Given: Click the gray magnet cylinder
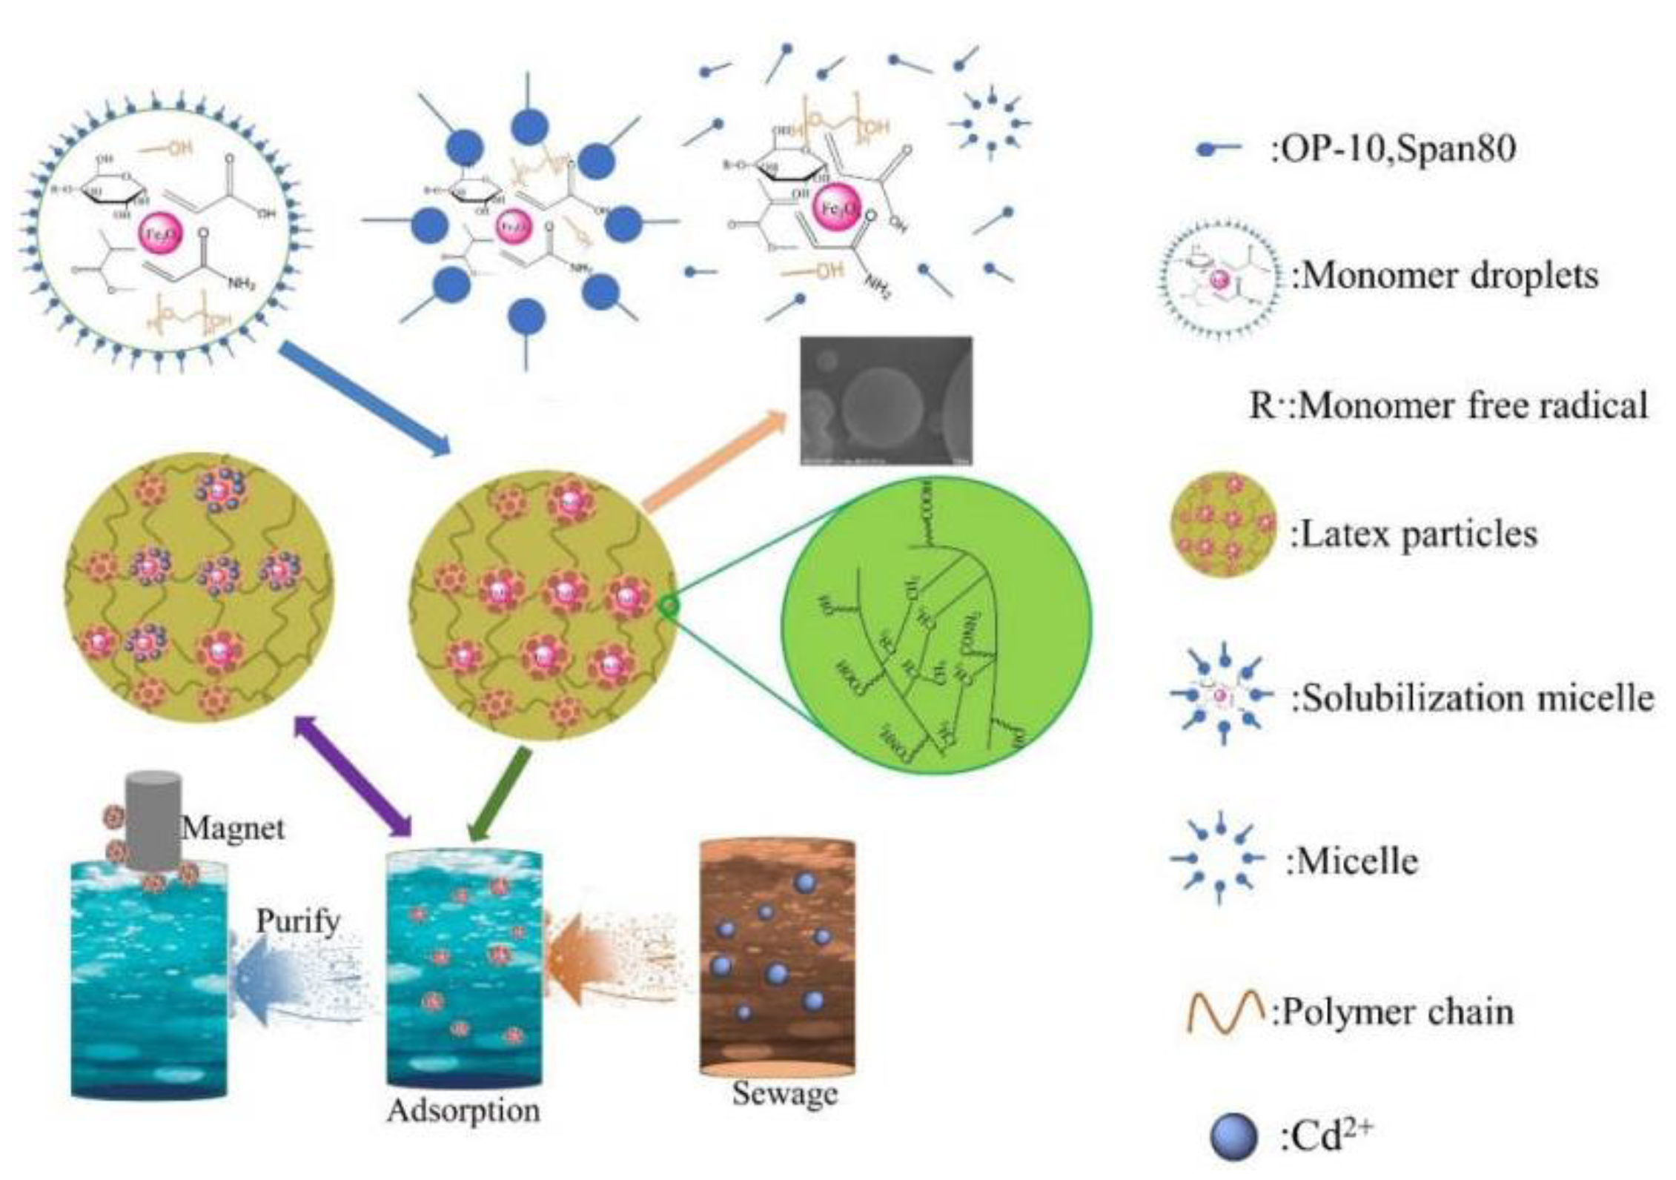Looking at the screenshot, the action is click(153, 819).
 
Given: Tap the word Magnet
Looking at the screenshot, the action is click(233, 828).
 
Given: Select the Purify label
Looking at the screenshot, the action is click(298, 921).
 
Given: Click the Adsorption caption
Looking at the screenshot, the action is click(463, 1110).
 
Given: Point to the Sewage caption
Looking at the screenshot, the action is click(785, 1093).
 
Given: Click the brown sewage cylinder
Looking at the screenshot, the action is click(777, 956).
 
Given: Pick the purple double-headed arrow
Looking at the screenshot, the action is click(353, 775).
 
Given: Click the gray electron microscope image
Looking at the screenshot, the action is click(886, 401).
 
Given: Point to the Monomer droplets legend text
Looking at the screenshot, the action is click(1445, 276).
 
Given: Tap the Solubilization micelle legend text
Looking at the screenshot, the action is click(1472, 698).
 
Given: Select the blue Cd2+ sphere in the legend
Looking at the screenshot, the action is click(1233, 1138).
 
